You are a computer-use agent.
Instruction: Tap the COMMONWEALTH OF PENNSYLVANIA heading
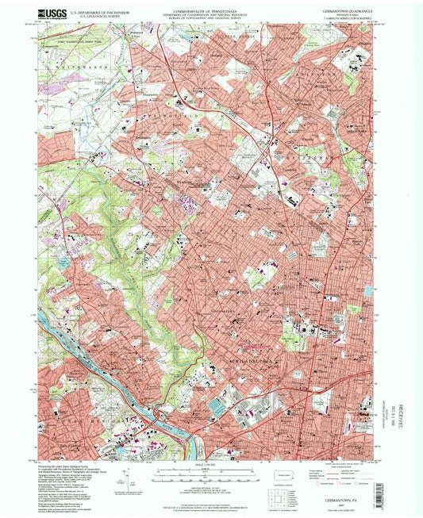206,10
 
